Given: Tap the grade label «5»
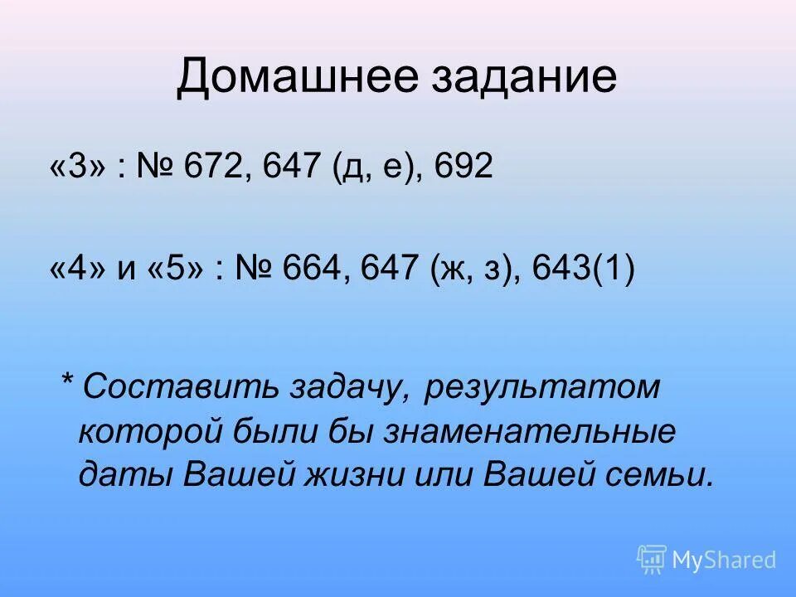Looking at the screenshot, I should (x=177, y=271).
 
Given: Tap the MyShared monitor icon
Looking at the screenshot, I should (x=652, y=560).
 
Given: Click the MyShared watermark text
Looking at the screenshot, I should (x=724, y=561).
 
